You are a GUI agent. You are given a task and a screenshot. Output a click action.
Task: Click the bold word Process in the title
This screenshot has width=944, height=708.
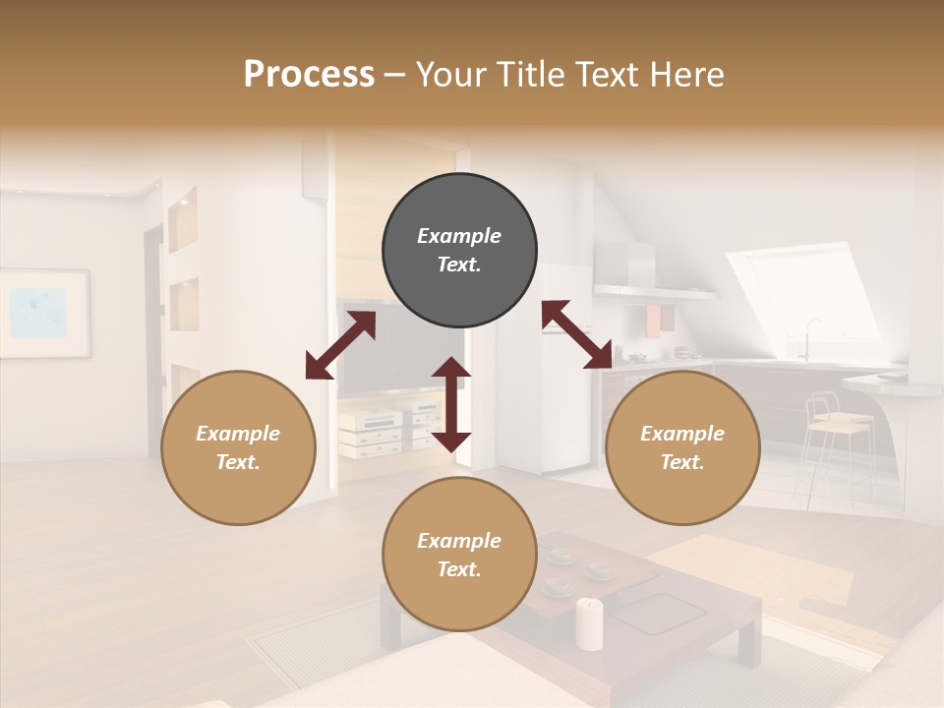coord(309,75)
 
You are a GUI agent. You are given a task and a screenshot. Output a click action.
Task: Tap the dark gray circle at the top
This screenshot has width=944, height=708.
coord(459,250)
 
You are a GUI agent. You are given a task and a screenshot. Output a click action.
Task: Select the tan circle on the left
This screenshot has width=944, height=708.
coord(238,447)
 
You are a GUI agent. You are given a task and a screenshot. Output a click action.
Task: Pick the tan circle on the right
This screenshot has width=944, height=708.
coord(682,447)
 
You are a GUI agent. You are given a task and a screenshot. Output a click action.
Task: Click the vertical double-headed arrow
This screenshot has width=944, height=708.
coord(451,404)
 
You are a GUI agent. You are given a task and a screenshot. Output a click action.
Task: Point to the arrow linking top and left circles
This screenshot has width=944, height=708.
coord(340,345)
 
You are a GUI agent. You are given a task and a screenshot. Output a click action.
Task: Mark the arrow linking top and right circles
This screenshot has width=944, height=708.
coord(577,335)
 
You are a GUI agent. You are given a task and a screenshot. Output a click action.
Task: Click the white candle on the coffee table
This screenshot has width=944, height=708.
coord(589,623)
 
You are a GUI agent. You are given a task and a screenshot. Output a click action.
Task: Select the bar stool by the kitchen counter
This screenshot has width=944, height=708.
coord(836,433)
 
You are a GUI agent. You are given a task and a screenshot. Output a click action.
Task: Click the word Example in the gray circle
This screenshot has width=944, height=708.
coord(459,236)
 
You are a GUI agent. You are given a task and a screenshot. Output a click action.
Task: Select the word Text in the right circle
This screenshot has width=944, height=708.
coord(680,462)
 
